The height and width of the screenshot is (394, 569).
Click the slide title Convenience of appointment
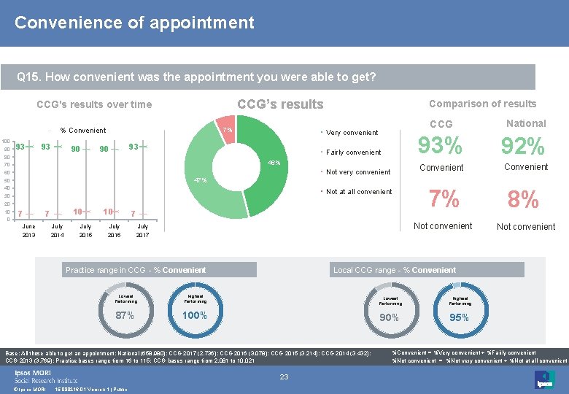(x=134, y=23)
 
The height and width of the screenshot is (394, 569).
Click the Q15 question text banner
(x=197, y=77)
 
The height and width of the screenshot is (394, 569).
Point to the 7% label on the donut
(x=228, y=130)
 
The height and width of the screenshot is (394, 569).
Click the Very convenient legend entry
(x=352, y=133)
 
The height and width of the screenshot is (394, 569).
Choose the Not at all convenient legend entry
(x=358, y=192)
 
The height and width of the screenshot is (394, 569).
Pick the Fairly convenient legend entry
(x=353, y=152)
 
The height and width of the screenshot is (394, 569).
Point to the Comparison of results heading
(x=482, y=104)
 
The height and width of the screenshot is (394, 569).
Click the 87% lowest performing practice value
(x=125, y=316)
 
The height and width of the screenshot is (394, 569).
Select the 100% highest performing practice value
(x=195, y=316)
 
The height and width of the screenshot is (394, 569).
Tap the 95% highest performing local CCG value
(x=459, y=317)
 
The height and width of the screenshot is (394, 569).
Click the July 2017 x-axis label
(x=142, y=231)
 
